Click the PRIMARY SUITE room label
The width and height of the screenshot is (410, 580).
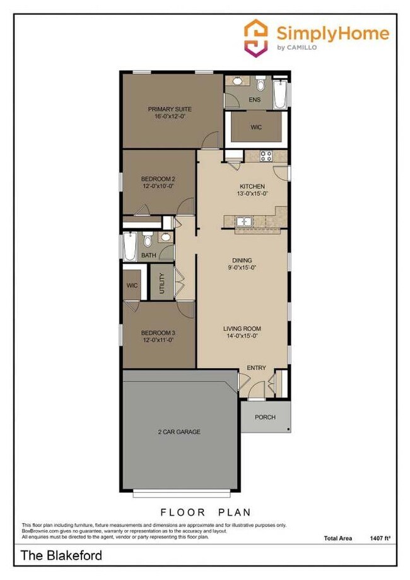pyautogui.click(x=170, y=109)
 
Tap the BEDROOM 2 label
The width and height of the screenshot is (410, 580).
pyautogui.click(x=157, y=179)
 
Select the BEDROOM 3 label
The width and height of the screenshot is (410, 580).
pyautogui.click(x=157, y=333)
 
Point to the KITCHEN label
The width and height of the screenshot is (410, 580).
pyautogui.click(x=252, y=186)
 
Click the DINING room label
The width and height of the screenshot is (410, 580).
pyautogui.click(x=242, y=260)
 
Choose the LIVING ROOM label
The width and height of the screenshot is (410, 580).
pyautogui.click(x=242, y=329)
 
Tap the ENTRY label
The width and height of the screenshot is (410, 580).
pyautogui.click(x=256, y=368)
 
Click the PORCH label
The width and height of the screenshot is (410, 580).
pyautogui.click(x=265, y=417)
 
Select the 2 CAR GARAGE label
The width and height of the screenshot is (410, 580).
pyautogui.click(x=179, y=432)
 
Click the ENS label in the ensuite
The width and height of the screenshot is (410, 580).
pyautogui.click(x=255, y=100)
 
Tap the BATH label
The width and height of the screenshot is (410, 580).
pyautogui.click(x=148, y=255)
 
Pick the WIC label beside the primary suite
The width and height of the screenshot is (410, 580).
pyautogui.click(x=255, y=127)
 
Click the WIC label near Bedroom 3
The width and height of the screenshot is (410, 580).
pyautogui.click(x=132, y=285)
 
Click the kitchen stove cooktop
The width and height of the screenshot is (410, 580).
pyautogui.click(x=266, y=156)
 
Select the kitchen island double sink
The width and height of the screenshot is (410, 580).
pyautogui.click(x=243, y=222)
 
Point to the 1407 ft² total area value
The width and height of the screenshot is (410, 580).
pyautogui.click(x=380, y=538)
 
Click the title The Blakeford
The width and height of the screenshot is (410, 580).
pyautogui.click(x=61, y=556)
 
